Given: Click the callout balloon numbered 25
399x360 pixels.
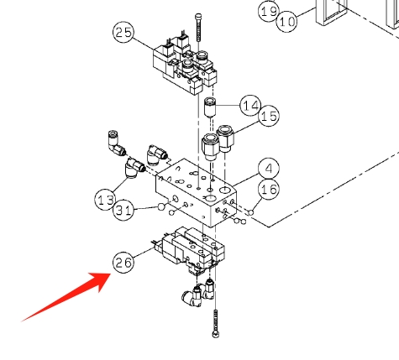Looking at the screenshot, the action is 123,32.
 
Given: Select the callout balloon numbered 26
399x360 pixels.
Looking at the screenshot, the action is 123,262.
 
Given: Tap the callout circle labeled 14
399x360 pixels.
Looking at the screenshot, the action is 250,106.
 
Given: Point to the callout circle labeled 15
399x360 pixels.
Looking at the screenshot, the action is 269,116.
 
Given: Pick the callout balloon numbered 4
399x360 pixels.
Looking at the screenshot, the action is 269,169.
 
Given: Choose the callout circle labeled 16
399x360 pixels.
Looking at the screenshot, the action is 269,190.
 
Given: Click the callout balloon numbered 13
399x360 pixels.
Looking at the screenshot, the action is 106,200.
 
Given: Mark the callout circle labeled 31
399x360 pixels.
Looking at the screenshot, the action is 123,210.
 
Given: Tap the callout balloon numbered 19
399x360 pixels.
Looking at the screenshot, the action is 269,11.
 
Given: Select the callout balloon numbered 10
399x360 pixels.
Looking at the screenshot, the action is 287,21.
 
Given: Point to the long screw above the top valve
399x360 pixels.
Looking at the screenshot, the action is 198,28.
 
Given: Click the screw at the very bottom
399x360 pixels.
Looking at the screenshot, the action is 216,324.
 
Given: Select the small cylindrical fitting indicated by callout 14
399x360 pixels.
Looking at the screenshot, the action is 210,107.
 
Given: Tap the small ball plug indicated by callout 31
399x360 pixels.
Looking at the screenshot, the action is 161,206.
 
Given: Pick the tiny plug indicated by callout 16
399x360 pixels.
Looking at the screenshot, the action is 251,213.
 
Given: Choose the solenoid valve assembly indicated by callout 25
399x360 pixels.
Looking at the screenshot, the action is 186,65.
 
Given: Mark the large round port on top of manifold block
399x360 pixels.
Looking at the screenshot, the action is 211,198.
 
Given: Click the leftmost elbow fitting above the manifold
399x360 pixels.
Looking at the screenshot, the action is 116,143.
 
